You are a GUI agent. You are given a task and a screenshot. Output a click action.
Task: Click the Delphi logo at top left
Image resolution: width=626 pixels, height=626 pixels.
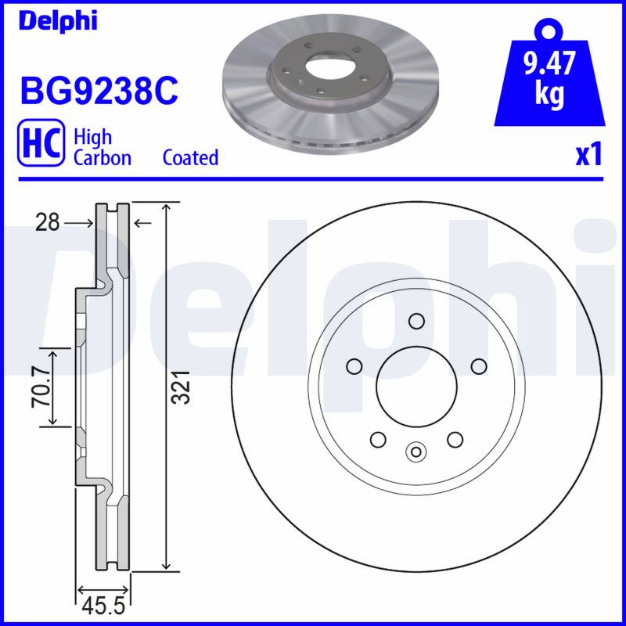(58, 20)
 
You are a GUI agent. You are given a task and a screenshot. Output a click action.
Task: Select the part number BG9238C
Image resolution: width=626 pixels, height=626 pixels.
(99, 91)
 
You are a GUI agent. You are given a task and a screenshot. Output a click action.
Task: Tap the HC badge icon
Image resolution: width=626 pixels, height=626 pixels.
(41, 142)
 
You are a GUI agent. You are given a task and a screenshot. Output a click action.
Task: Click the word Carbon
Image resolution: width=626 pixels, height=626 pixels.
(103, 158)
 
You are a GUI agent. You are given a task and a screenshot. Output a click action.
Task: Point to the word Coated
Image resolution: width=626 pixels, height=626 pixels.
(190, 157)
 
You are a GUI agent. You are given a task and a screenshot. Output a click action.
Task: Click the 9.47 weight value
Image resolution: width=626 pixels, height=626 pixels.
(550, 63)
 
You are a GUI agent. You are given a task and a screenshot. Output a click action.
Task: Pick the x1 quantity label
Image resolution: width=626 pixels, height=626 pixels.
(588, 155)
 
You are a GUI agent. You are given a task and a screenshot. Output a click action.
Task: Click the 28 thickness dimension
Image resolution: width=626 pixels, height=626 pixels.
(47, 222)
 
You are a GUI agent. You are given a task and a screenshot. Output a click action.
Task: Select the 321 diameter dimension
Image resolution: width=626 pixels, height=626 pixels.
(180, 387)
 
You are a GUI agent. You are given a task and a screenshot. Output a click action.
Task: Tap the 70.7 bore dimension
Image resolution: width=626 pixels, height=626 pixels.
(42, 387)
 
